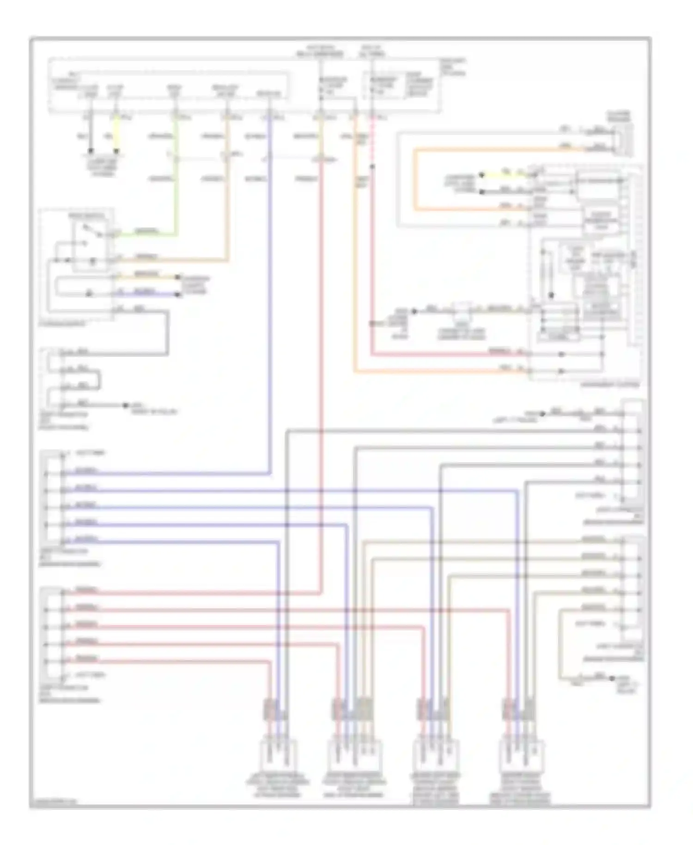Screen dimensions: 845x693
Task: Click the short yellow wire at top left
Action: click(x=116, y=134)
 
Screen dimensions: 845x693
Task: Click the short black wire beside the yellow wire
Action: click(x=91, y=134)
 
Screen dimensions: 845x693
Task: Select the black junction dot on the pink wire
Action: click(x=372, y=166)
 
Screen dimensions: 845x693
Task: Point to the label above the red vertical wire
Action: click(x=320, y=51)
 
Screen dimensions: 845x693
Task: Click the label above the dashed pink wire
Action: click(x=372, y=51)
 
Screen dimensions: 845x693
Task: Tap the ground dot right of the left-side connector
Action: click(x=125, y=405)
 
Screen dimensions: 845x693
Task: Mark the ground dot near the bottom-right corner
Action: click(x=612, y=678)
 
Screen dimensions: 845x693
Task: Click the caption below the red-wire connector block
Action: click(x=69, y=694)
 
